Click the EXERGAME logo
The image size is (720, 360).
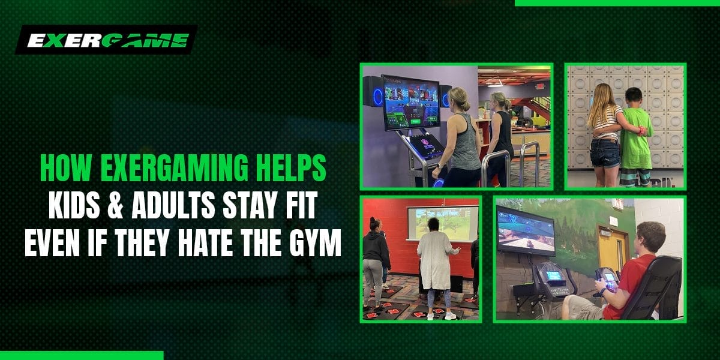(107, 40)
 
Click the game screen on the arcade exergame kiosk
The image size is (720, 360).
(410, 99)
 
